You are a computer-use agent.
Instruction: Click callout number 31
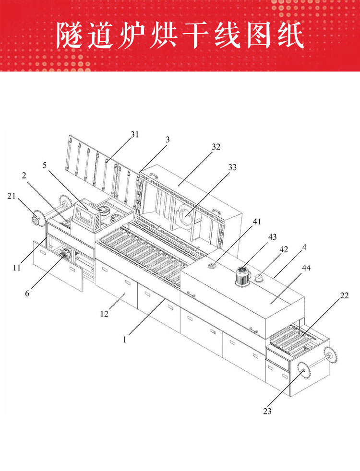click(134, 134)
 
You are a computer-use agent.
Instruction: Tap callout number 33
click(232, 167)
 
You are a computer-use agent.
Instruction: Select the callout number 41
click(257, 222)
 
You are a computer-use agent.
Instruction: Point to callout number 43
click(272, 237)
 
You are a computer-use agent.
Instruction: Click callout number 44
click(306, 268)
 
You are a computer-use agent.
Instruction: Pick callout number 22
click(344, 295)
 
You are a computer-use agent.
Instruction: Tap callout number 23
click(267, 411)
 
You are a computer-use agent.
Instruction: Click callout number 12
click(104, 314)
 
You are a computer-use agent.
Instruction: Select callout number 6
click(27, 294)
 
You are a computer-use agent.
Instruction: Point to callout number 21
click(12, 196)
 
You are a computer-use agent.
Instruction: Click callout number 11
click(16, 267)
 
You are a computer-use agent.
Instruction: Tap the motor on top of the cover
click(242, 276)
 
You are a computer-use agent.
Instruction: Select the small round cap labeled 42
click(259, 279)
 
